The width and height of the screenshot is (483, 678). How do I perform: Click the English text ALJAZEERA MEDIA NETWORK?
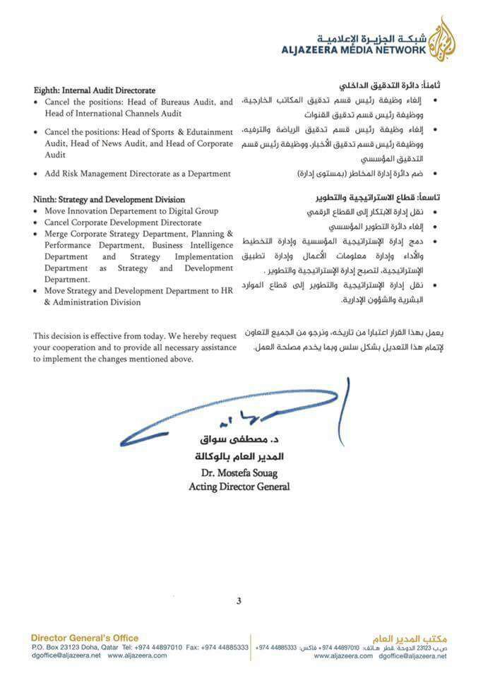click(354, 50)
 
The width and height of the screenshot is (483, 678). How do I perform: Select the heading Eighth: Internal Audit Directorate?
click(95, 90)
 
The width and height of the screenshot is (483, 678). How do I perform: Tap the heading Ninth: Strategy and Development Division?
click(109, 200)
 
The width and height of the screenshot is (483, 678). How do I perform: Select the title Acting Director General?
click(239, 487)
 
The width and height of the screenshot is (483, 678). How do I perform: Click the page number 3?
click(239, 601)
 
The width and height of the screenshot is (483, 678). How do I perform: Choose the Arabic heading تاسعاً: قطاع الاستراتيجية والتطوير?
click(372, 197)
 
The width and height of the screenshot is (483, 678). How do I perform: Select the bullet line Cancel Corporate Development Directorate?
click(122, 222)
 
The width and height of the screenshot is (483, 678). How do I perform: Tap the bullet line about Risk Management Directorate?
click(137, 173)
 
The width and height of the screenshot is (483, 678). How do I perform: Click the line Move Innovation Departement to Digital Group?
click(131, 211)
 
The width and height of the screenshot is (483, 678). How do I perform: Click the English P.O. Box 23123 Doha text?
click(73, 647)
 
